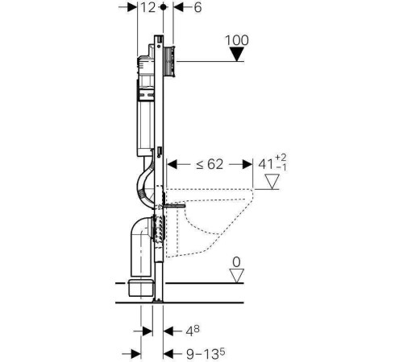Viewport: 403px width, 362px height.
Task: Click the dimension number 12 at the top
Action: (148, 7)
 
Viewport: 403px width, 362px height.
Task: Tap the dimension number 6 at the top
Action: (197, 7)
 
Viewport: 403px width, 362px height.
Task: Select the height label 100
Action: (237, 40)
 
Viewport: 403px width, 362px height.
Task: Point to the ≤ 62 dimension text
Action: (210, 164)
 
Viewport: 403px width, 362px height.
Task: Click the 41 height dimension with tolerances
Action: (272, 162)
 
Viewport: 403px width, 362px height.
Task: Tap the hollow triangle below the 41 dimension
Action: (272, 182)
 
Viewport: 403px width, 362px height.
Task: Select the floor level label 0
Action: (236, 262)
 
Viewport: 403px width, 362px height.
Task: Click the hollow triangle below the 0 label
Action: (237, 276)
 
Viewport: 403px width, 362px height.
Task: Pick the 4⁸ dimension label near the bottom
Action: (193, 331)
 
